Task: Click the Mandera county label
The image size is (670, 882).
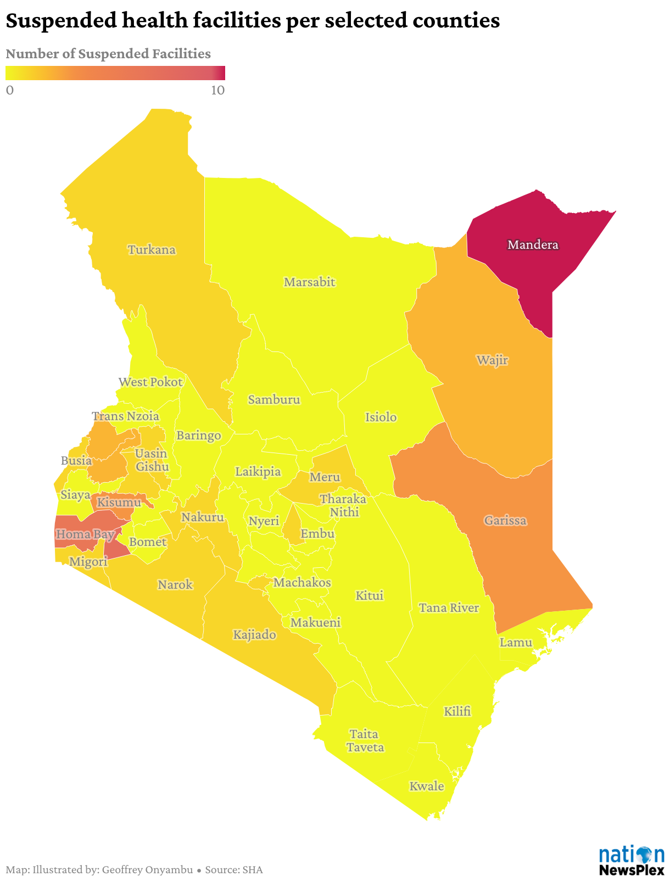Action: (533, 245)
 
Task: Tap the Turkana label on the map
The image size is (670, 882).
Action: (152, 250)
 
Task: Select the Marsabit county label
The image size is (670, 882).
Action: (309, 282)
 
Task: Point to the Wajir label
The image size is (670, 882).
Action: (492, 361)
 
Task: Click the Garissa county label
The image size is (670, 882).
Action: (505, 521)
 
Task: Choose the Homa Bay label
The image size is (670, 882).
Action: (85, 534)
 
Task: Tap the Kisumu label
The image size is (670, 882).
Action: (119, 502)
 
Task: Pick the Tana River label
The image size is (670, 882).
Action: (449, 608)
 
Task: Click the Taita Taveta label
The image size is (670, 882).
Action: (365, 741)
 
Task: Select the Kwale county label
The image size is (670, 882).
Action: (427, 786)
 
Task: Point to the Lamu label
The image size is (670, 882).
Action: (516, 642)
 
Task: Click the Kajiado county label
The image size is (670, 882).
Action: (254, 635)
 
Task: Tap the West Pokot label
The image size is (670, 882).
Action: (150, 382)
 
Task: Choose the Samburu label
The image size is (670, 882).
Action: (274, 400)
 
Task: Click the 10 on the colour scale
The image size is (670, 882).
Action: (218, 90)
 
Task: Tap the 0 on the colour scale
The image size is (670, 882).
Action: (9, 90)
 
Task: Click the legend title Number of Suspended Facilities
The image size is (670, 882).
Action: (108, 54)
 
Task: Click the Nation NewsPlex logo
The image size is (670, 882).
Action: (631, 860)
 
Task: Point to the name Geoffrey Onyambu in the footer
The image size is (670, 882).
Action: (147, 870)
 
